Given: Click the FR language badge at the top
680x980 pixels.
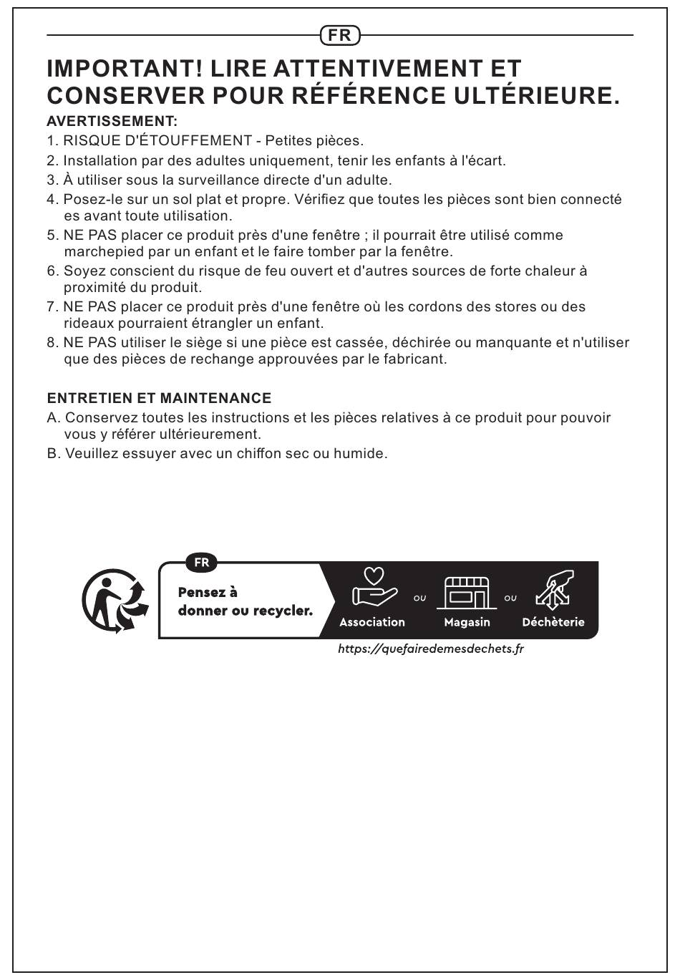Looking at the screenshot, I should pos(340,34).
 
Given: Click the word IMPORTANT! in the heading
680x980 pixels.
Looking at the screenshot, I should pos(125,69).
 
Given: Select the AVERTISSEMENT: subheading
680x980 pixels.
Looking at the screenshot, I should pos(112,121).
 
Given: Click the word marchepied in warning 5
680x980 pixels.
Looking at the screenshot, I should pos(104,252).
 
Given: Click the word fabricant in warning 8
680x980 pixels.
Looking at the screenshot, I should pos(415,359).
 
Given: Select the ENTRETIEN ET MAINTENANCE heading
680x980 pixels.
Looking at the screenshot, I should pos(159,398).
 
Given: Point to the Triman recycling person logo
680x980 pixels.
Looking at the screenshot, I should pos(115,601).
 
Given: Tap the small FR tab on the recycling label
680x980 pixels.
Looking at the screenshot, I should pos(202,563).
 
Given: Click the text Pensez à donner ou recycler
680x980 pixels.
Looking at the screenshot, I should pos(245,601).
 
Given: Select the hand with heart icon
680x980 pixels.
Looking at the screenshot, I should pos(374,588).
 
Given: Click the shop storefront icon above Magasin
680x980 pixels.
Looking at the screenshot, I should pos(467,592).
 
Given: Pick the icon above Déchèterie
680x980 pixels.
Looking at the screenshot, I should pos(555,591).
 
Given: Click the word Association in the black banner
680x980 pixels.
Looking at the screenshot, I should pos(372,622).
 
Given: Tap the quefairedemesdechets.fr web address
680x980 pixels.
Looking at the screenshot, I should pos(431,649).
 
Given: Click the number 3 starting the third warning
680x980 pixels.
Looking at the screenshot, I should pos(52,180).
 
